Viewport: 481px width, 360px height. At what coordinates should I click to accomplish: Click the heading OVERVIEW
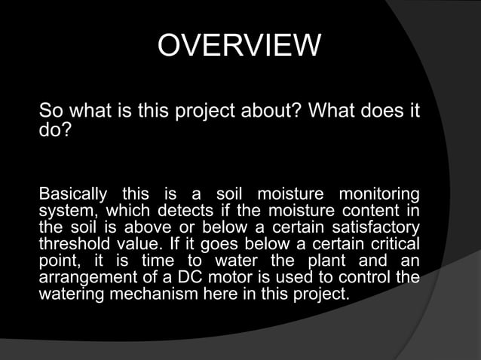click(x=239, y=47)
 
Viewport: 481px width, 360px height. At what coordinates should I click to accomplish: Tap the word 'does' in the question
click(x=375, y=112)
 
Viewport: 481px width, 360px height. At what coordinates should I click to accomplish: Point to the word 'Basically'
click(x=75, y=194)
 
